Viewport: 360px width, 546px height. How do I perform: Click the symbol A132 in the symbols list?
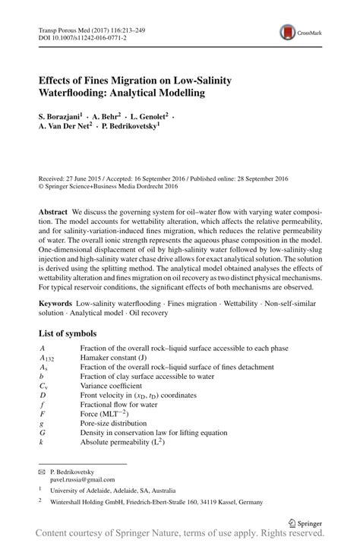tap(46, 357)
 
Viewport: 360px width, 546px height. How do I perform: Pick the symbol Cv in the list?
tap(43, 386)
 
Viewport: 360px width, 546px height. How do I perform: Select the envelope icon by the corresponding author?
tap(42, 472)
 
